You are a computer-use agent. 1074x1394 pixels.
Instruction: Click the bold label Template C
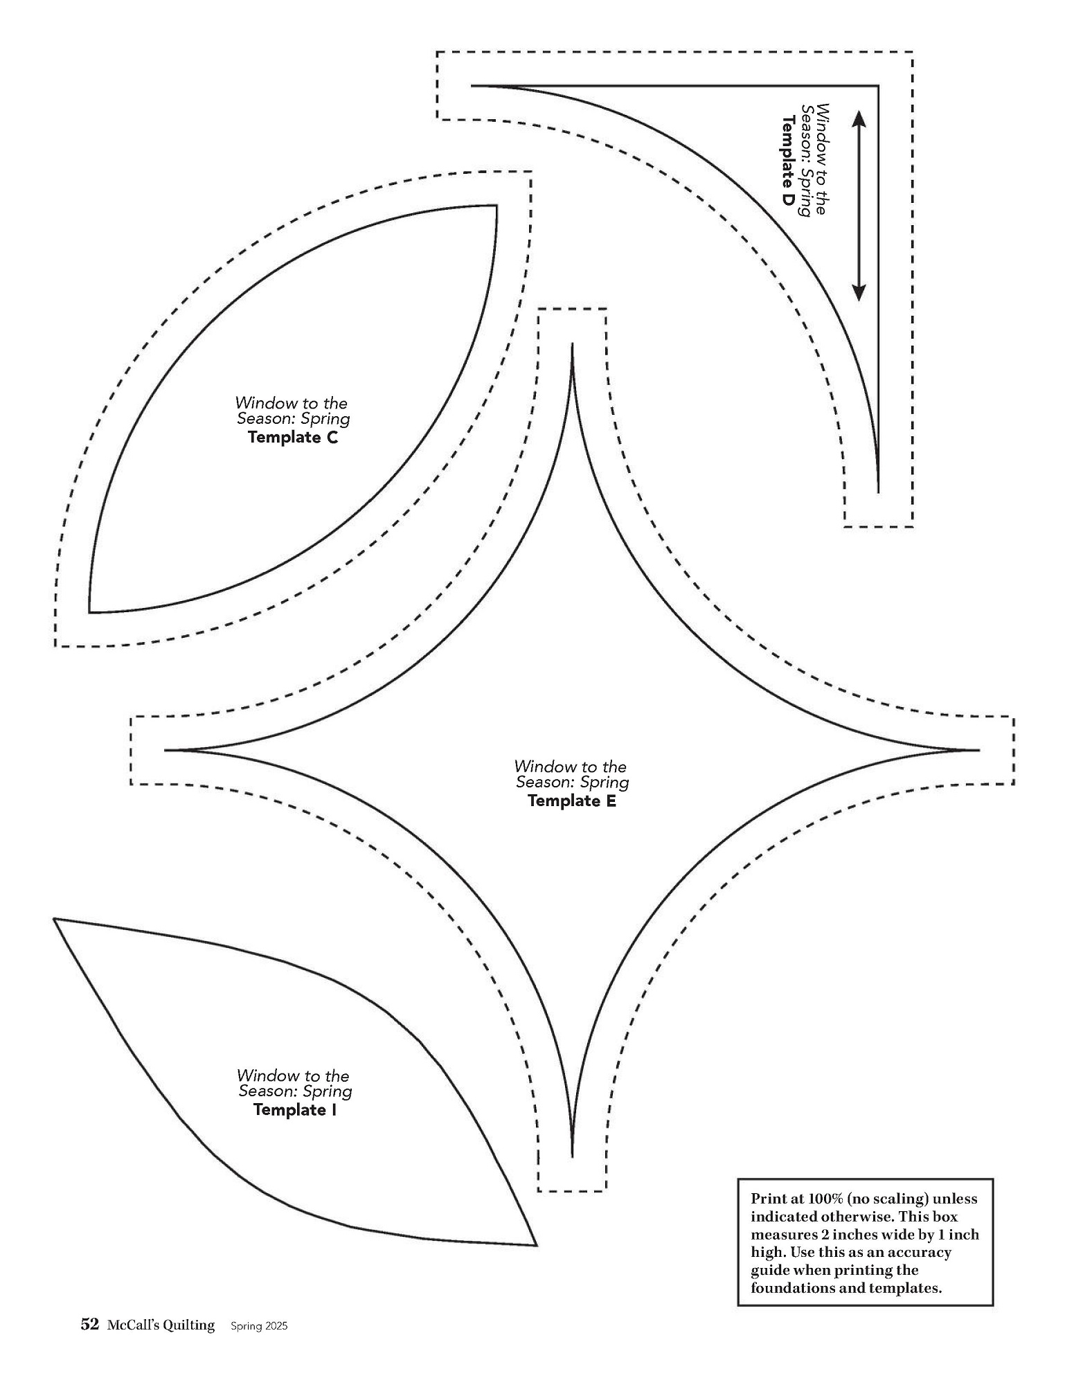[x=293, y=438]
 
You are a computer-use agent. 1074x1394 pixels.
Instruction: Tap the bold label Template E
[x=572, y=801]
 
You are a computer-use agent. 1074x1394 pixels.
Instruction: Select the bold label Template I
[x=295, y=1110]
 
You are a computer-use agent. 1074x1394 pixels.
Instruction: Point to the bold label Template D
[x=788, y=160]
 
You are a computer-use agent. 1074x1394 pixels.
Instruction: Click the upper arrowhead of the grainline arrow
[x=859, y=120]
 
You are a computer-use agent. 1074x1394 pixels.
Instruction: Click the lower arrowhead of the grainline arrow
[x=859, y=292]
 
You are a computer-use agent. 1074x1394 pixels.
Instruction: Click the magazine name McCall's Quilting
[x=161, y=1325]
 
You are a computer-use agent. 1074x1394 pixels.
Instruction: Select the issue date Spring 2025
[x=253, y=1326]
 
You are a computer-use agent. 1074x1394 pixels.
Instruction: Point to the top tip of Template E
[x=572, y=344]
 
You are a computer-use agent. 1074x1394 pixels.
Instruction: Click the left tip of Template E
[x=166, y=750]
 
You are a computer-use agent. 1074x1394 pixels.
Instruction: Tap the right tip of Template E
[x=978, y=750]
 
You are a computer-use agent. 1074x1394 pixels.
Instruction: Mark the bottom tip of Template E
[x=572, y=1155]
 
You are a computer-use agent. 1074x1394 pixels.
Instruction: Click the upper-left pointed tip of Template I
[x=55, y=919]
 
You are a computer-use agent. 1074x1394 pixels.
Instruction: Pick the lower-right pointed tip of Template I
[x=536, y=1245]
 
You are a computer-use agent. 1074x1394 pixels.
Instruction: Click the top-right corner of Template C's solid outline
[x=496, y=206]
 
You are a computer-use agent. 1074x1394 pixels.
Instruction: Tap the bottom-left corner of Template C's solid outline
[x=89, y=612]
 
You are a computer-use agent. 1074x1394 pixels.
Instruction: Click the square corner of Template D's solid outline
[x=878, y=86]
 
